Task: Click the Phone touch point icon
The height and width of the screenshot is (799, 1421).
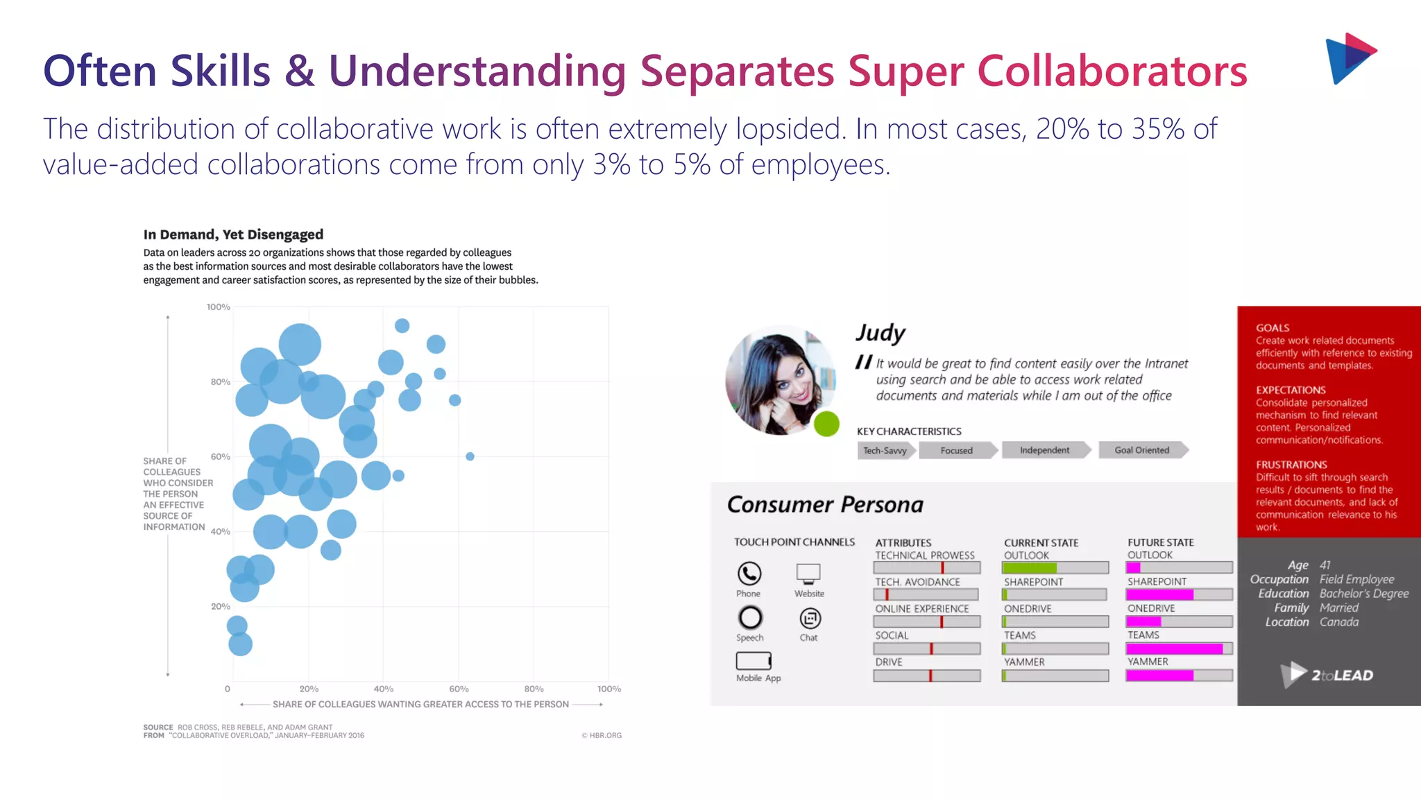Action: coord(749,574)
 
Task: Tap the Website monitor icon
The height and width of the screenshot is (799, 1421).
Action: coord(808,573)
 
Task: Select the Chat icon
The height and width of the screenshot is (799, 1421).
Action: coord(810,618)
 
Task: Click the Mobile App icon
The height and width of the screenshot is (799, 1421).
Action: coord(754,660)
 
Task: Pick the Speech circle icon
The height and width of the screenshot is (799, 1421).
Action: coord(750,617)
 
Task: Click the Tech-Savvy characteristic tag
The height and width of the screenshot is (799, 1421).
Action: coord(886,451)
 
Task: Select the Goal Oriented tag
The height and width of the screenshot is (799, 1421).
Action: coord(1142,450)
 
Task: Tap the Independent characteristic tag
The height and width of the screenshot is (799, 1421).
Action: coord(1045,450)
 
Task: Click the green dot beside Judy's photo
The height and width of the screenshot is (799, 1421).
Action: coord(826,424)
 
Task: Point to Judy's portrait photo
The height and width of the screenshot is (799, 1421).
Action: coord(779,380)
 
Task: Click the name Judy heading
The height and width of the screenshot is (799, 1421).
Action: coord(880,333)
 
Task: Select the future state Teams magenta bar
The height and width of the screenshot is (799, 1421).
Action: coord(1175,648)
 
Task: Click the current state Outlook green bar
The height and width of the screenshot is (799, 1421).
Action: coord(1030,568)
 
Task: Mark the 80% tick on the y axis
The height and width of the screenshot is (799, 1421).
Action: coord(221,381)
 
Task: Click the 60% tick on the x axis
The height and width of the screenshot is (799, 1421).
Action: coord(459,689)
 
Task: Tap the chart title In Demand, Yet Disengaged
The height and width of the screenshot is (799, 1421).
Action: coord(233,234)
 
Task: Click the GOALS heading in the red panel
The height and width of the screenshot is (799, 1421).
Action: coord(1273,328)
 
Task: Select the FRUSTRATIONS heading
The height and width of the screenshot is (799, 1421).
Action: coord(1291,465)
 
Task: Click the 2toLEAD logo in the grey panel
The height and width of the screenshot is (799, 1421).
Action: coord(1327,674)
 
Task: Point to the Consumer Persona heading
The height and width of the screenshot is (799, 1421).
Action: coord(825,504)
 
